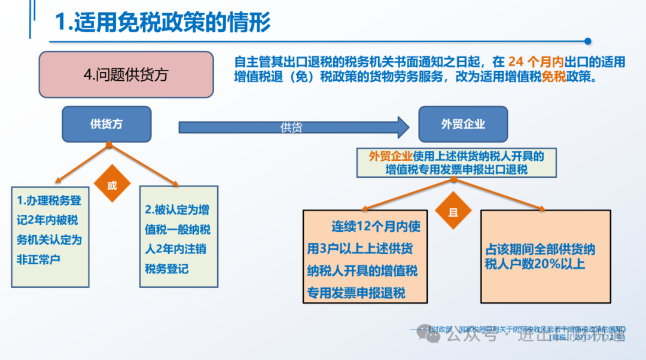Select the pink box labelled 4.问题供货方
[126, 75]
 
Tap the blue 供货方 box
[106, 124]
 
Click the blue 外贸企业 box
[463, 124]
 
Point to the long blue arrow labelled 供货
[293, 127]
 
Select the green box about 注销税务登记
[178, 237]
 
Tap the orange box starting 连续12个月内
[365, 256]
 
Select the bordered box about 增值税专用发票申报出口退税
[456, 163]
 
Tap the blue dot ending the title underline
[587, 41]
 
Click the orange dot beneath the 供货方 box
[109, 145]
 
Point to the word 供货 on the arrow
[291, 127]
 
